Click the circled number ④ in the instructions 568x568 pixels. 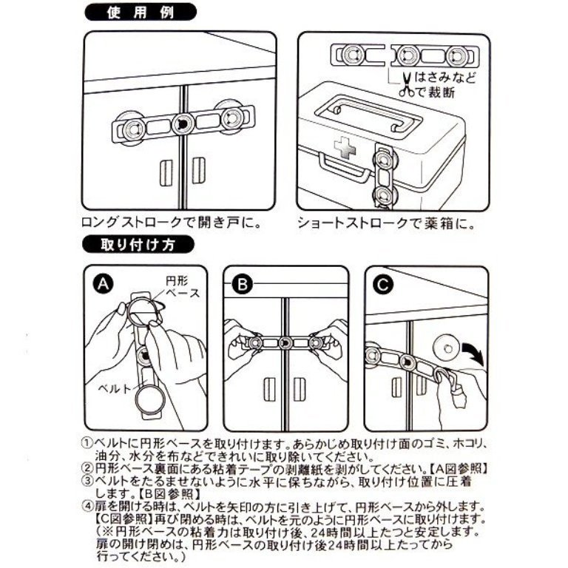tap(84, 507)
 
